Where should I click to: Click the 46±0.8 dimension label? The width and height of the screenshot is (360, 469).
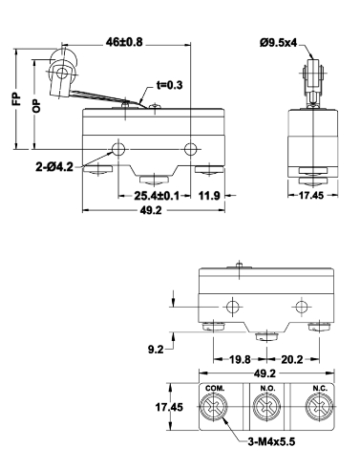point(124,42)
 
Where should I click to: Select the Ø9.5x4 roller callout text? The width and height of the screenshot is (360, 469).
point(278,43)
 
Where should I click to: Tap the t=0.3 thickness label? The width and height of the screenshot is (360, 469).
point(170,85)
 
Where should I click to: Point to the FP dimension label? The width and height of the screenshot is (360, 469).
point(16,99)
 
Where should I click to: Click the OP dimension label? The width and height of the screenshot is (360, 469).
point(37,106)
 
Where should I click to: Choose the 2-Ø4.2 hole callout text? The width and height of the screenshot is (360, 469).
point(54,166)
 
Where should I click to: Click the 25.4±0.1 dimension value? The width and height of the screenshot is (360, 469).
point(157,196)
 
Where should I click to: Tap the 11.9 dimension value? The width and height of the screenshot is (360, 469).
point(209,196)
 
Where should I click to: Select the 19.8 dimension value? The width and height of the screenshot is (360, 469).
point(240,360)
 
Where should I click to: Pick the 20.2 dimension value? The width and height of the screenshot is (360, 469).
point(292,360)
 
